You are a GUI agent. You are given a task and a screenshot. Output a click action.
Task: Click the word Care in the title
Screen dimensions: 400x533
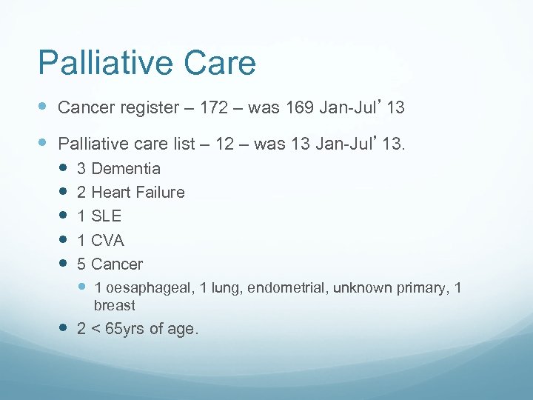click(220, 63)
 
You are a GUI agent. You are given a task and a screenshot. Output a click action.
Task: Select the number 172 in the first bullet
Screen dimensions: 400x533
click(214, 108)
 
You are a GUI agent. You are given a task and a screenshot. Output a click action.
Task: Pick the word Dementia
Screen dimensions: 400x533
click(126, 168)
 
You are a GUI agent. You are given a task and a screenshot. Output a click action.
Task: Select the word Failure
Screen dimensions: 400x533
click(161, 193)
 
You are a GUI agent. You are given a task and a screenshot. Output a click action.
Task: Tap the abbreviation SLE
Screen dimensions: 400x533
click(107, 216)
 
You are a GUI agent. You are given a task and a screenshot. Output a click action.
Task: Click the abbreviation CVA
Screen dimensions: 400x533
click(108, 241)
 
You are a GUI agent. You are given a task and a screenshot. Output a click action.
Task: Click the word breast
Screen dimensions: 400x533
click(115, 305)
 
